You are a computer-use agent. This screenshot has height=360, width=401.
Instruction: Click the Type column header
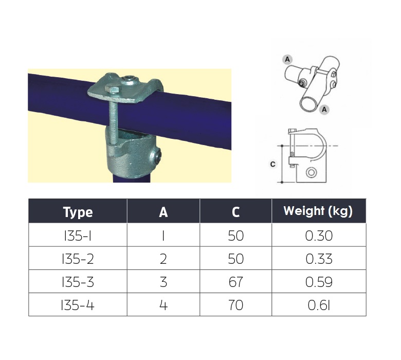[78, 212]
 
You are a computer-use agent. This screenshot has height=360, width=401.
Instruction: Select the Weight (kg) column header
[318, 211]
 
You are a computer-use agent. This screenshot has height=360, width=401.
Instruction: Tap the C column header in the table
[235, 212]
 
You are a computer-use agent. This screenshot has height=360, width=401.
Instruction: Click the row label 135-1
[78, 236]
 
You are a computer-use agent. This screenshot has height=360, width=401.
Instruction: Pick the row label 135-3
[78, 282]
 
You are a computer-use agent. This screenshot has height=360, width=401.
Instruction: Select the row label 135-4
[78, 305]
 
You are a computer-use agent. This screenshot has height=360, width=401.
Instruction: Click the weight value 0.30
[319, 236]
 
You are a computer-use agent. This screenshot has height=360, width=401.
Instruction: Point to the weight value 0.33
[319, 259]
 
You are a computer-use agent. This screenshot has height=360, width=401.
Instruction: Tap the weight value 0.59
[319, 282]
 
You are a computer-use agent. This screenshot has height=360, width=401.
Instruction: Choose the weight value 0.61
[319, 305]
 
